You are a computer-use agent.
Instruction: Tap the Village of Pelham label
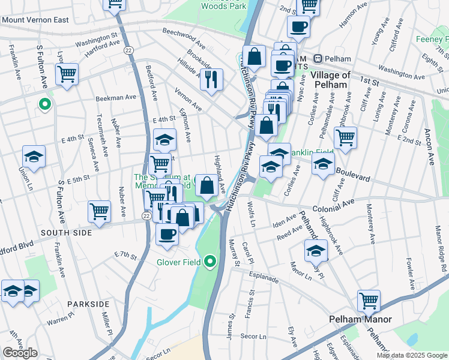(330, 80)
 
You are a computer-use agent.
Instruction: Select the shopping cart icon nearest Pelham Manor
(369, 299)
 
